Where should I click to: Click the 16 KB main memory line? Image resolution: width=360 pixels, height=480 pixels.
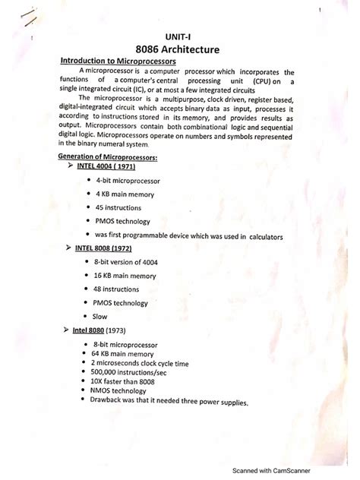pos(126,276)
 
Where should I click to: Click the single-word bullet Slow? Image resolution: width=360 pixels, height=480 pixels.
pos(99,316)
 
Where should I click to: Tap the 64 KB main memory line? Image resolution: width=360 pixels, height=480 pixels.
pos(122,354)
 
